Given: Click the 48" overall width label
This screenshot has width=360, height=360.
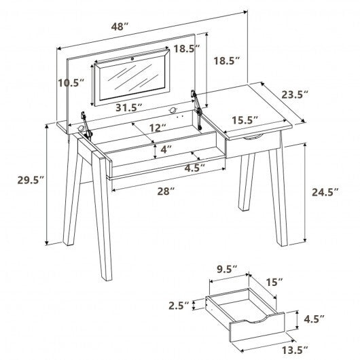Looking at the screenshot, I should [121, 27].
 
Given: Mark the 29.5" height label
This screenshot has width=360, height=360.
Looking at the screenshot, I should [31, 179].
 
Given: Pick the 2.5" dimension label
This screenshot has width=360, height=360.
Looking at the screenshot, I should [179, 305].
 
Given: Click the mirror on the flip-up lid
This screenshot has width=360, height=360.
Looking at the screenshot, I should [132, 80].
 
